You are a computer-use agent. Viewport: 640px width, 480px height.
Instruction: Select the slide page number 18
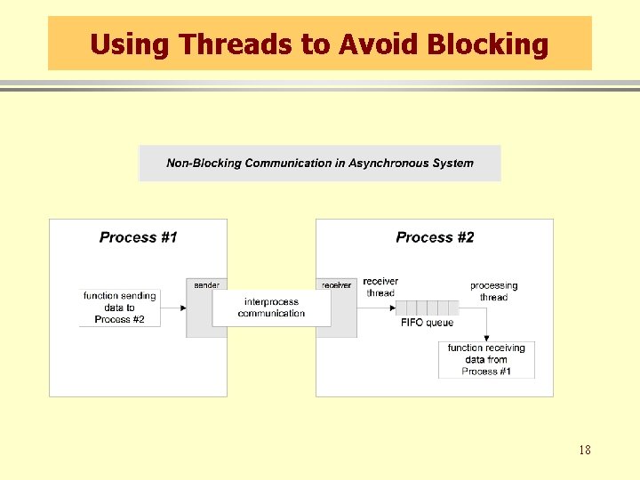584,450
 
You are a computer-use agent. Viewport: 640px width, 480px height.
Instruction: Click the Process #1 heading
138,237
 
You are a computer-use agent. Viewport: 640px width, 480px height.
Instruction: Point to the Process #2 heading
435,237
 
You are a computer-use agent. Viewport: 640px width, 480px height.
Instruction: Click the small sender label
206,285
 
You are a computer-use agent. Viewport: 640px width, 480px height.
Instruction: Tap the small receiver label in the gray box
336,285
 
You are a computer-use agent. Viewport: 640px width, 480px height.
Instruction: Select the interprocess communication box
271,308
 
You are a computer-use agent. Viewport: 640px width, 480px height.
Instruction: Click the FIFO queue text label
427,323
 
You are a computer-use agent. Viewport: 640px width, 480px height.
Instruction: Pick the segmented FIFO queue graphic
427,308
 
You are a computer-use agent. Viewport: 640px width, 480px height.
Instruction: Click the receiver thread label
380,287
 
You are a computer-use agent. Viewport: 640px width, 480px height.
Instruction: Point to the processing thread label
493,291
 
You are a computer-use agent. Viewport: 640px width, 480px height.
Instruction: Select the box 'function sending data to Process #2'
119,308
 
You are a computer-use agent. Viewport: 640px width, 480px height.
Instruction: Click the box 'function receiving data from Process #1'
486,359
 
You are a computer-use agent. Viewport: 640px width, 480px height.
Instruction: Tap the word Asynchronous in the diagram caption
387,163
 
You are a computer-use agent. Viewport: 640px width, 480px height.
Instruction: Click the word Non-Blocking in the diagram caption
204,163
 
